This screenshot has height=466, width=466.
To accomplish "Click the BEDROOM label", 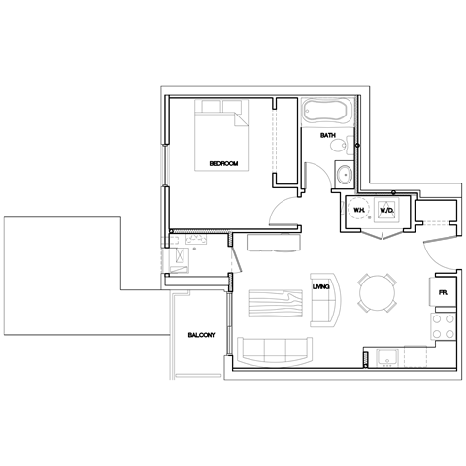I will coord(224,164).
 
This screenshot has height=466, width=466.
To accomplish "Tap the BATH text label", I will coord(328,136).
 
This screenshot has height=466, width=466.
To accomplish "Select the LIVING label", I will coord(323,285).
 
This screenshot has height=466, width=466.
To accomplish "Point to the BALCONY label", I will coord(201,336).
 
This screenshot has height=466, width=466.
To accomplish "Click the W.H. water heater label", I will coord(357,209).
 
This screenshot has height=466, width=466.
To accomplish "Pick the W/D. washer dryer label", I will coord(385,209).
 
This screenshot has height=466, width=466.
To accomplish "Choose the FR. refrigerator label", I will coord(442,292).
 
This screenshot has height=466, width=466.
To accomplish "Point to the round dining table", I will coord(377,290).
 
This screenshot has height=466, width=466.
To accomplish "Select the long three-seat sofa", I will coord(275,349).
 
